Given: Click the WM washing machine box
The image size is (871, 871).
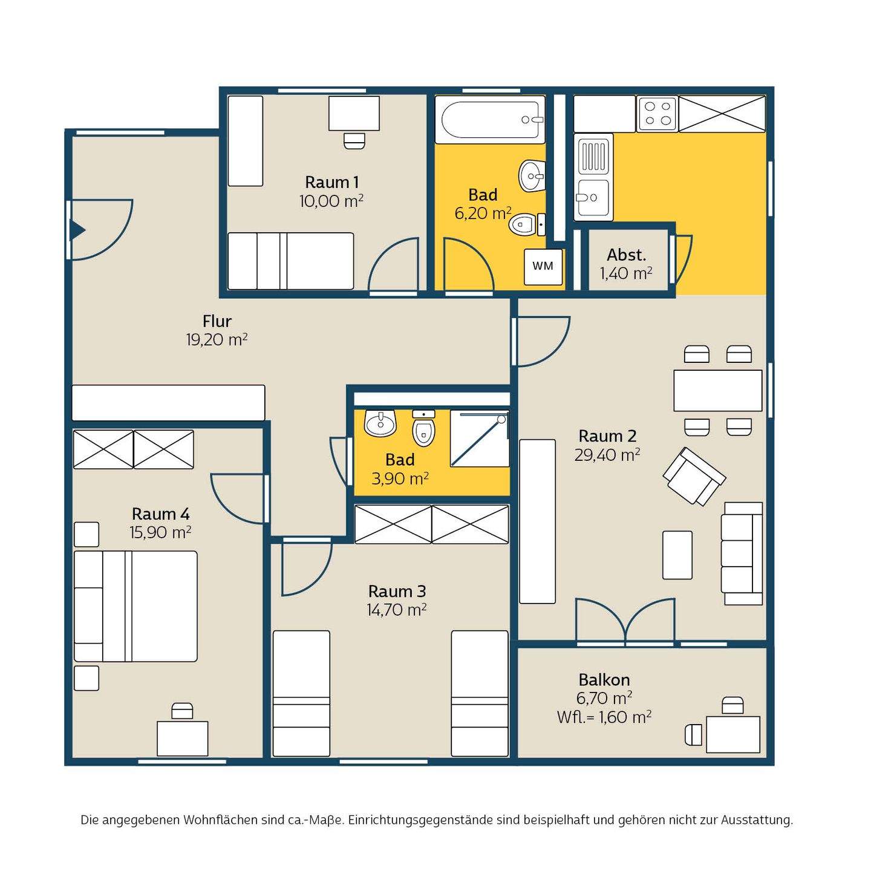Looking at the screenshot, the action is [x=543, y=267].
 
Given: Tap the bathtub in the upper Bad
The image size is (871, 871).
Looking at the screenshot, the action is [x=489, y=120].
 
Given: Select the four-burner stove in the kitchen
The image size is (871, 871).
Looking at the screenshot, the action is [x=657, y=114].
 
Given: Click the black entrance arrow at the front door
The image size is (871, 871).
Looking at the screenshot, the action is [x=77, y=230].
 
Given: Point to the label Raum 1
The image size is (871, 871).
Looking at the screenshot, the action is [x=332, y=182].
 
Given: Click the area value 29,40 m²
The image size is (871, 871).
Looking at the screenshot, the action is [x=607, y=455].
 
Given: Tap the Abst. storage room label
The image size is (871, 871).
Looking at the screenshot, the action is [x=626, y=255].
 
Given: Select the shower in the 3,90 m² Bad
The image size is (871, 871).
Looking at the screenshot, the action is [x=480, y=439].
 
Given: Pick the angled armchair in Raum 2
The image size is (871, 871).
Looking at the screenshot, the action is [x=694, y=476].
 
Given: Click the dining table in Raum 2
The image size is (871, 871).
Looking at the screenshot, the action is [x=718, y=391].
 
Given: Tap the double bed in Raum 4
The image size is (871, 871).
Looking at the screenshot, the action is [x=135, y=606].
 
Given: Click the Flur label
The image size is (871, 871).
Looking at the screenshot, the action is [x=217, y=321].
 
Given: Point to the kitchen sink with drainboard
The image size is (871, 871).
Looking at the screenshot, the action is [x=593, y=177].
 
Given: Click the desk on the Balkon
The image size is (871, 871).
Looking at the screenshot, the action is [x=732, y=734].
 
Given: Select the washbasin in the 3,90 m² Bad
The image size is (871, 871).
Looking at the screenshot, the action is [x=380, y=423].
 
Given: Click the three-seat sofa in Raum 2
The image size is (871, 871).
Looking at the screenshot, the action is [x=742, y=553].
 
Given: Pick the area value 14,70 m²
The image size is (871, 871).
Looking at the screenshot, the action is [x=397, y=610].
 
